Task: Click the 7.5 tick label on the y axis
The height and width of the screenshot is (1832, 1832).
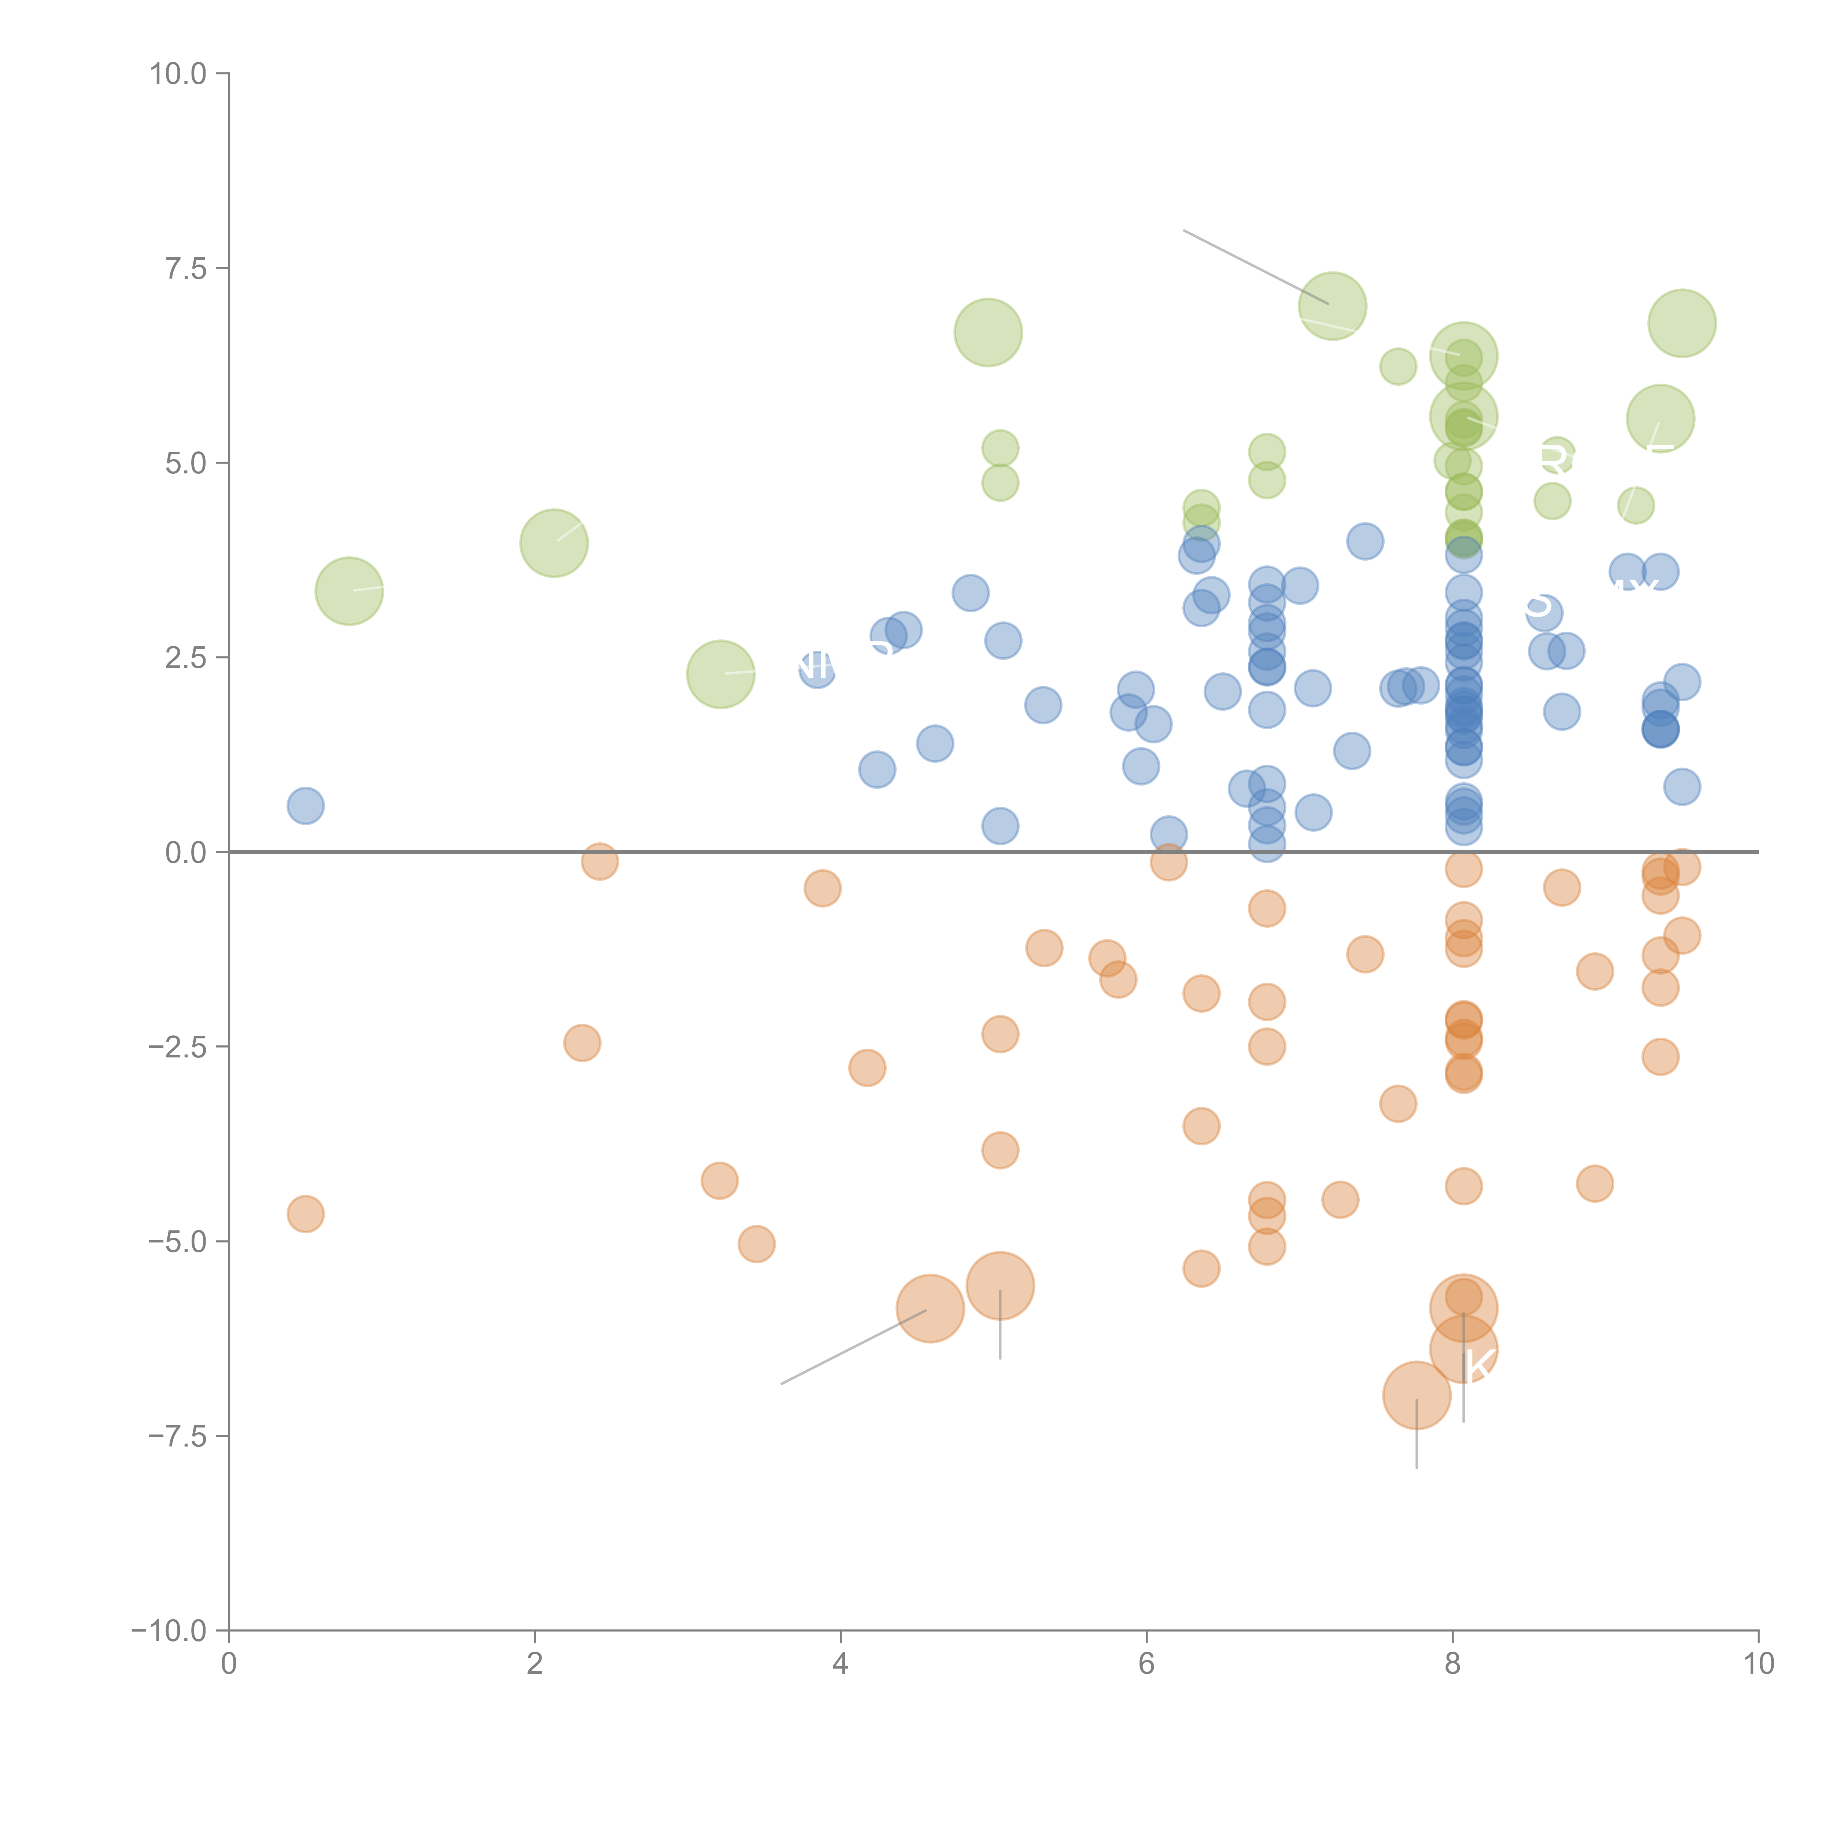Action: pyautogui.click(x=186, y=268)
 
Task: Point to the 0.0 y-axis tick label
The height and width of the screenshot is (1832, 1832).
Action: pyautogui.click(x=186, y=853)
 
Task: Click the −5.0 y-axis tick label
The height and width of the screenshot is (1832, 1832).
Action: pyautogui.click(x=177, y=1241)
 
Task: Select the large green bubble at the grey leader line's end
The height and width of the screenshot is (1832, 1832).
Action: pyautogui.click(x=1332, y=305)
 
